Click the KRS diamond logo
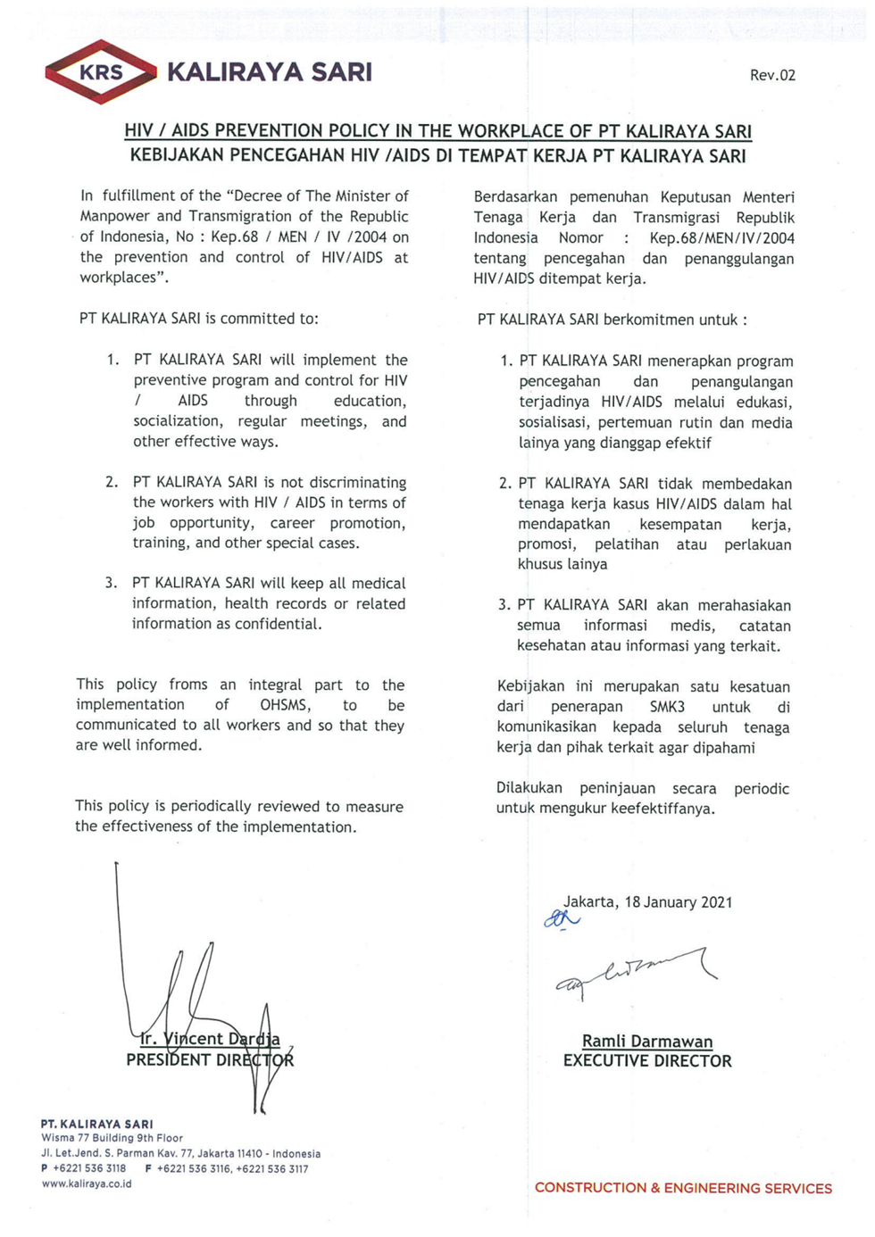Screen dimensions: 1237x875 click(101, 72)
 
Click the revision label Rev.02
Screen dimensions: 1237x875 click(772, 75)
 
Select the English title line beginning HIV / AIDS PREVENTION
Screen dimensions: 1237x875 click(437, 131)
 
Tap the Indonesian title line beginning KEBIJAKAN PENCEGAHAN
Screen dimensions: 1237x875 click(437, 155)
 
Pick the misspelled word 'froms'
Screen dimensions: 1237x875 click(188, 685)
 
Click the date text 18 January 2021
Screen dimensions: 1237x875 click(679, 901)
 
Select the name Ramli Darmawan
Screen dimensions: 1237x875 click(647, 1041)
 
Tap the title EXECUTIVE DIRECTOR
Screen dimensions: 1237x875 click(647, 1061)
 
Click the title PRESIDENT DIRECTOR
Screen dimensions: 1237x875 click(210, 1060)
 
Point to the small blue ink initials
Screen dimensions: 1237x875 click(562, 918)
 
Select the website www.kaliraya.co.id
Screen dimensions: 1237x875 click(87, 1183)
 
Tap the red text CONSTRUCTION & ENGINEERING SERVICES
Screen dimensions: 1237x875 click(683, 1188)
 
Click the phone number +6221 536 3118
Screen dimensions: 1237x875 click(89, 1168)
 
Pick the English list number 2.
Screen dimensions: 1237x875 click(112, 482)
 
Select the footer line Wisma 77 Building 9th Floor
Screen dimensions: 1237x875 click(112, 1138)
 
